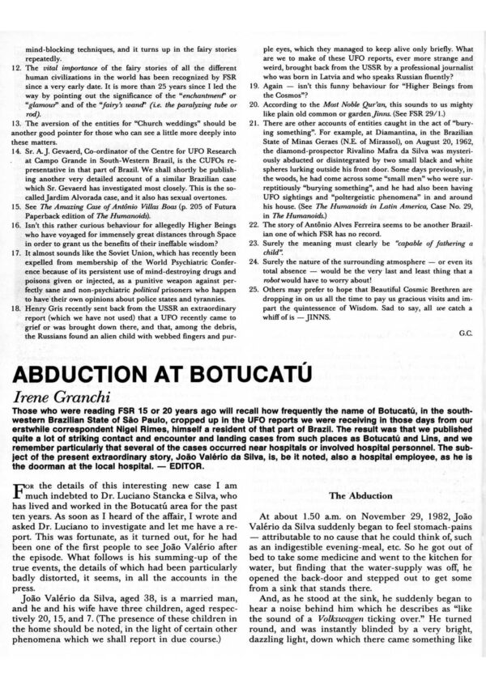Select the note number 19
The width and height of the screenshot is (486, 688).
tap(253, 108)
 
